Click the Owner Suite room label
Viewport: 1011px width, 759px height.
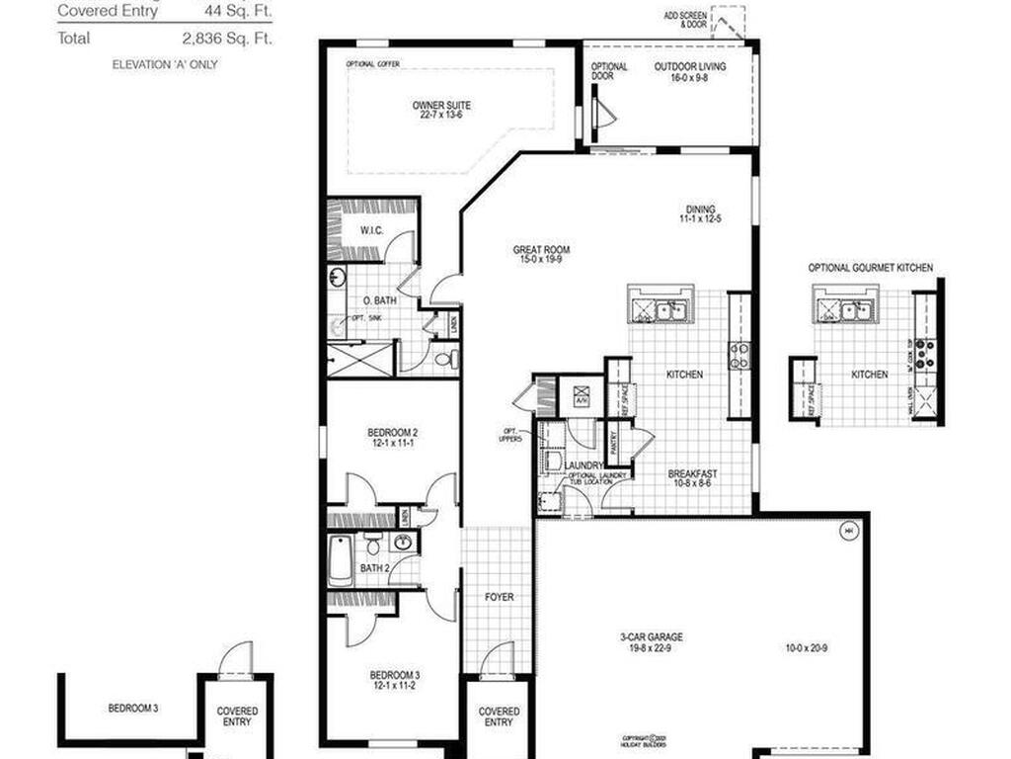[441, 105]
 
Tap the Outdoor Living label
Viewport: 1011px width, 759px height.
[690, 67]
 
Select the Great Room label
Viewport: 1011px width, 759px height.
[541, 250]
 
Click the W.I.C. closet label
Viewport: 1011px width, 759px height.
[371, 231]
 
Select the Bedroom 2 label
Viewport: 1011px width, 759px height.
[393, 432]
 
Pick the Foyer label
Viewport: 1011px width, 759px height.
[499, 598]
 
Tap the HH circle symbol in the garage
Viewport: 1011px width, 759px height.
[847, 532]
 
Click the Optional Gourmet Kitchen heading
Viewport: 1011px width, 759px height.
[870, 268]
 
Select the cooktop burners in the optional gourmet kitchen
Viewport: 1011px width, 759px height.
[926, 353]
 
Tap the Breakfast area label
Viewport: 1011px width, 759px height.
[692, 473]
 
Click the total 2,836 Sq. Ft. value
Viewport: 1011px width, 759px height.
[227, 39]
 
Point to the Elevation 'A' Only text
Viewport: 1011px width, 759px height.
[166, 64]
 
